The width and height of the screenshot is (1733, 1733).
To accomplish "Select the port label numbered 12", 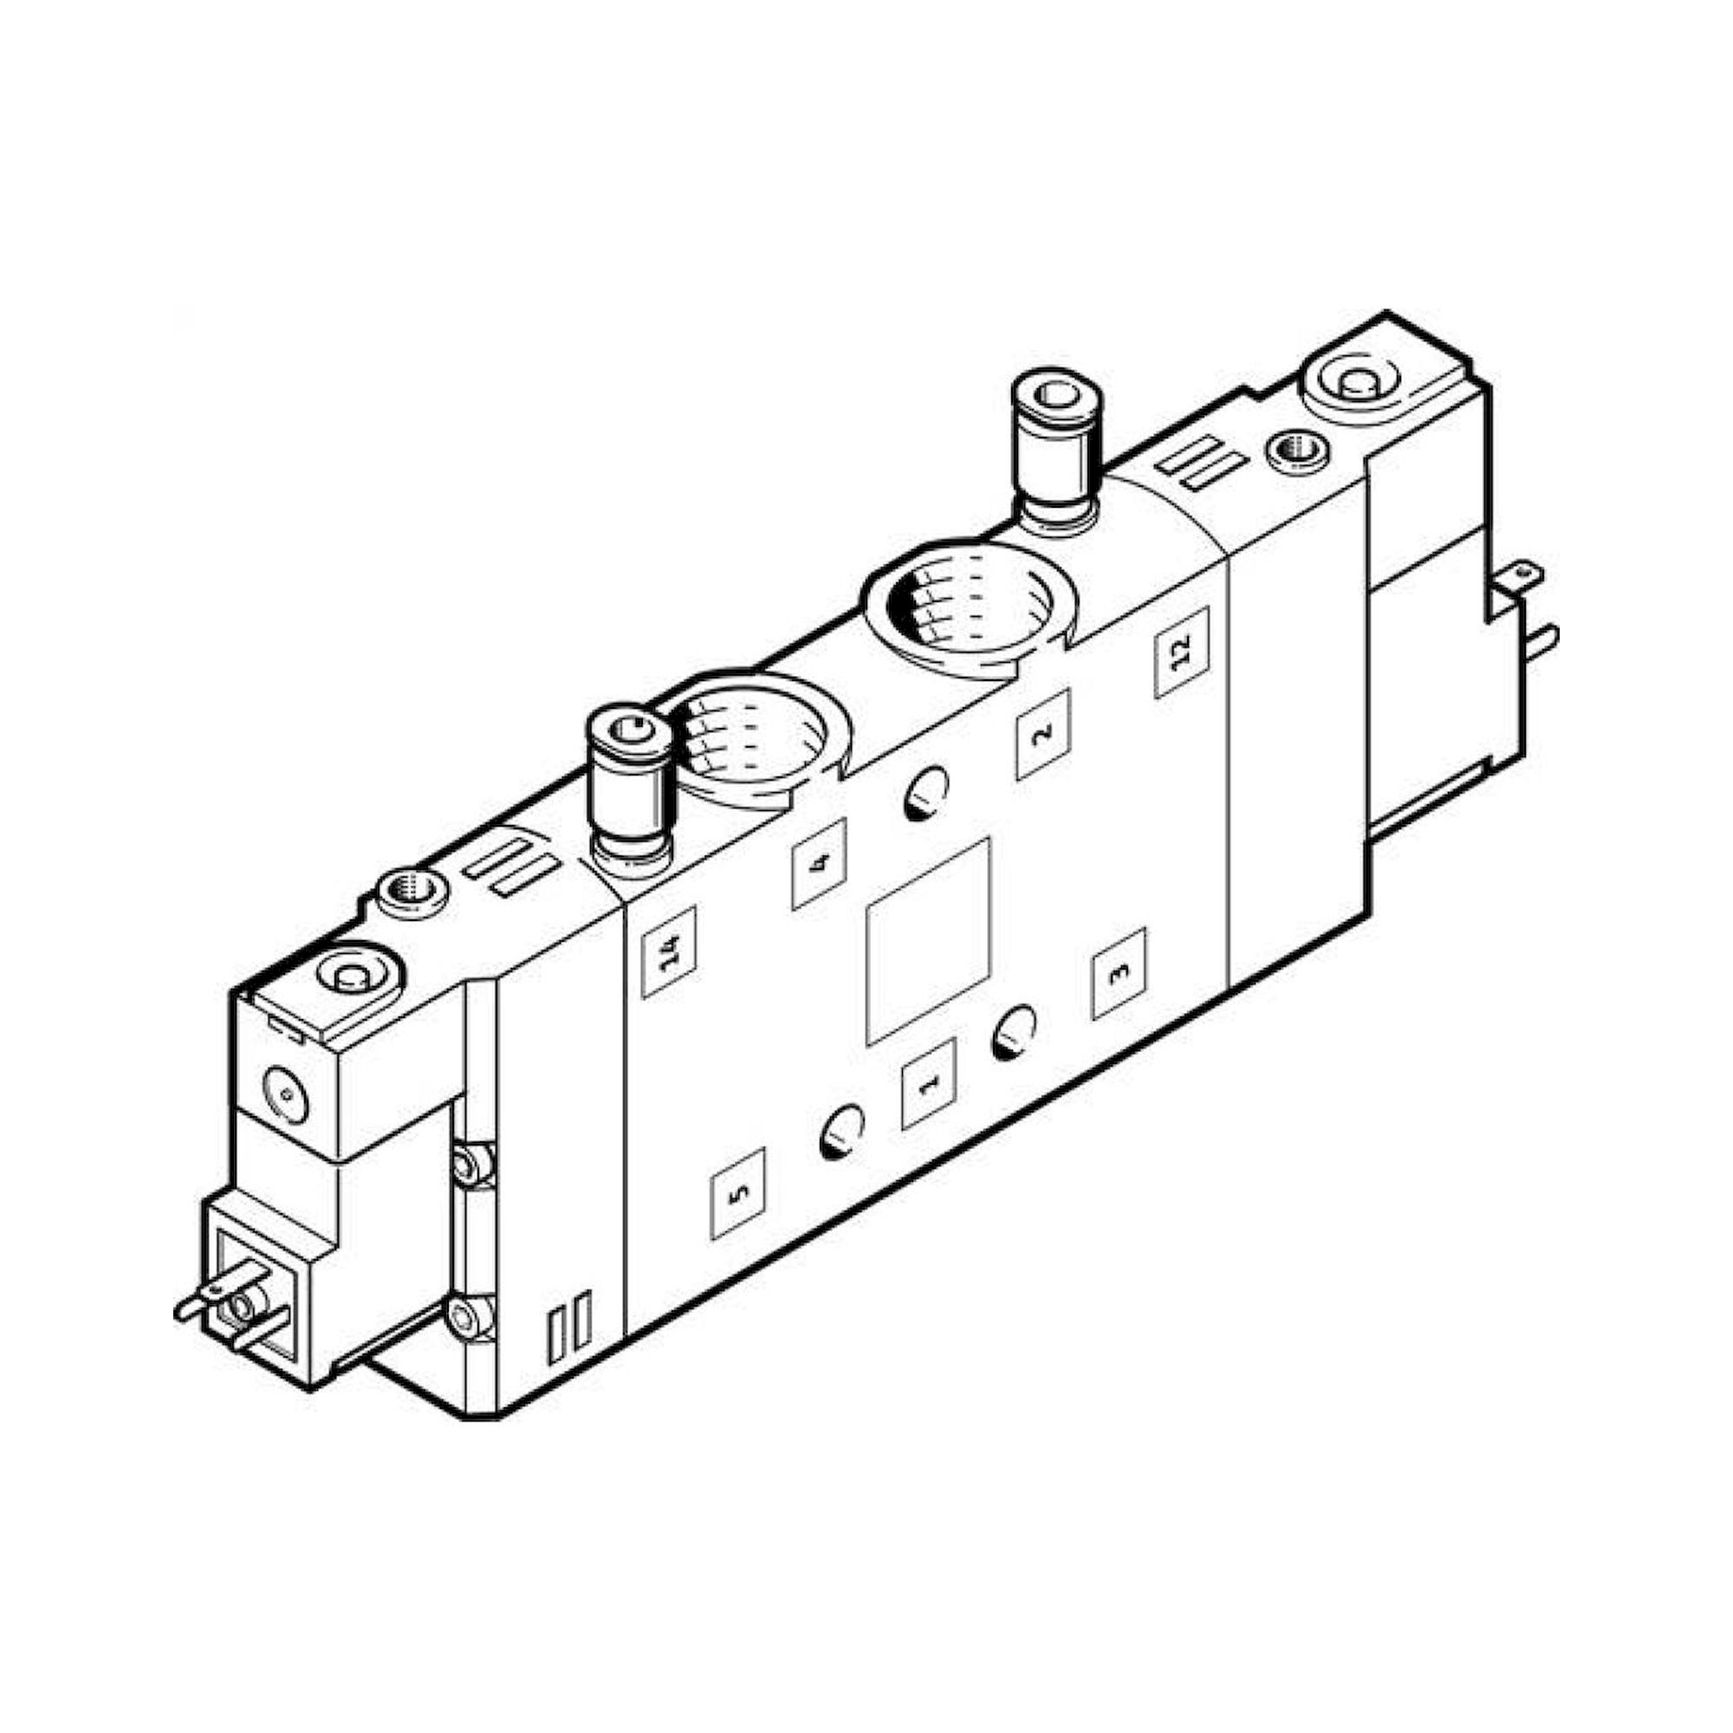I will [1181, 652].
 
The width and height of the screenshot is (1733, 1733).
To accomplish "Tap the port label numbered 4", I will [819, 865].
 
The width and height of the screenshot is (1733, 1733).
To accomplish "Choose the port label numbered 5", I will [738, 1193].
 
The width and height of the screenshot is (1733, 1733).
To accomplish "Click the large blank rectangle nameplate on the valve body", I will [927, 942].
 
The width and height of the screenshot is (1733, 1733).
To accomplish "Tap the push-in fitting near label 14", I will [630, 790].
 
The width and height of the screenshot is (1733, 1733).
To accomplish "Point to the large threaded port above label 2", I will [969, 605].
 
